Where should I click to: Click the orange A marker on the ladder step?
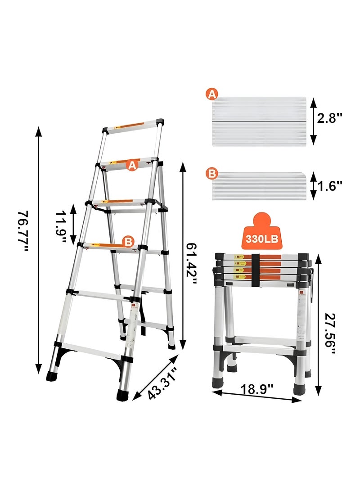click(131, 165)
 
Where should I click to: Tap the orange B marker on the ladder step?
click(129, 242)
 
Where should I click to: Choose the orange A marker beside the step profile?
click(212, 94)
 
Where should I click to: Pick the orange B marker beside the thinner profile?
click(211, 173)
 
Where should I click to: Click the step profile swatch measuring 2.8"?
click(259, 121)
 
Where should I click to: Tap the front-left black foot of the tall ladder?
click(52, 376)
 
